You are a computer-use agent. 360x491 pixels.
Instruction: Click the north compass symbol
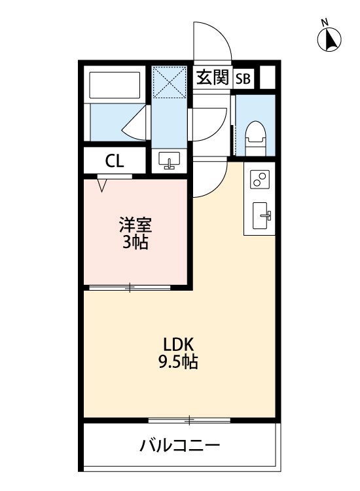coord(330,39)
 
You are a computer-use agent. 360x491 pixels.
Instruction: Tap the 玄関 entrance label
coord(213,78)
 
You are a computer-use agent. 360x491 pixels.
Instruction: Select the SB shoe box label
coord(243,79)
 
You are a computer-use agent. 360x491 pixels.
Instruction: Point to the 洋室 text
coord(135,227)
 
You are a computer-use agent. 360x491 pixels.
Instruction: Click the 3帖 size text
coord(135,243)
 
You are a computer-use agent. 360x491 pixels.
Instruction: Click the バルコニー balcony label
coord(179,447)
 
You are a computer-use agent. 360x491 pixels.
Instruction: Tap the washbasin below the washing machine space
coord(170,160)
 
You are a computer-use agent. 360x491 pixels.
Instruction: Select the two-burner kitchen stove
coord(260,179)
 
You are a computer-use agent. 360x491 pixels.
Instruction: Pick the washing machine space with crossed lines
coord(170,82)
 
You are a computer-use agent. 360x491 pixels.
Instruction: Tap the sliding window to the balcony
coord(190,419)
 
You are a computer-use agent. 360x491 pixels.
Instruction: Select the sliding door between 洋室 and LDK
coord(130,287)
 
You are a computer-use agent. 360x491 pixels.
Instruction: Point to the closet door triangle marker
coord(103,185)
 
